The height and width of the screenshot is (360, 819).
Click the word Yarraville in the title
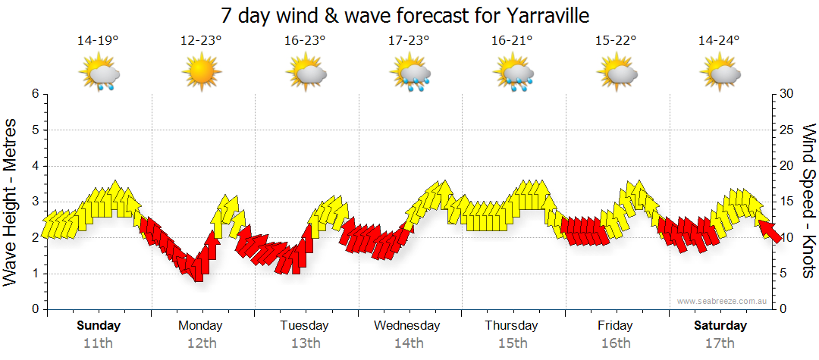[541, 15]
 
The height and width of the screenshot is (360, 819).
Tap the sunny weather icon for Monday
[201, 74]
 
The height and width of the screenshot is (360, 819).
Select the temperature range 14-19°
[97, 40]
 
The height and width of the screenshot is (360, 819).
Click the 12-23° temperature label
[201, 40]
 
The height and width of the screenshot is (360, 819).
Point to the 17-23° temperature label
[409, 40]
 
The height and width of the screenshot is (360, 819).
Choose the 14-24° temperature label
[719, 40]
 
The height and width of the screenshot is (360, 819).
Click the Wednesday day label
[407, 325]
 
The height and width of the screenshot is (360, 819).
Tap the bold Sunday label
[99, 325]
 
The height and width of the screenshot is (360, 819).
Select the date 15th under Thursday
[512, 343]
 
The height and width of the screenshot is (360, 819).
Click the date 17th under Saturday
[720, 343]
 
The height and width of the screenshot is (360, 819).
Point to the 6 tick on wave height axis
[34, 94]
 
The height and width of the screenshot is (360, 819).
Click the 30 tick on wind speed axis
[787, 94]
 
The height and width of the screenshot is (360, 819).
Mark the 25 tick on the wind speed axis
[787, 130]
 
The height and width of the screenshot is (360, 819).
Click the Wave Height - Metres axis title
[11, 202]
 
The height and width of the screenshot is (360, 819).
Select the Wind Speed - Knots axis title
[808, 202]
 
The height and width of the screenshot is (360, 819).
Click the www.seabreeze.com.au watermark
[719, 301]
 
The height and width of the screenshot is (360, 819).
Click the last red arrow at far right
[769, 228]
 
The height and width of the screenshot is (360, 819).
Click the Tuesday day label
[304, 325]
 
